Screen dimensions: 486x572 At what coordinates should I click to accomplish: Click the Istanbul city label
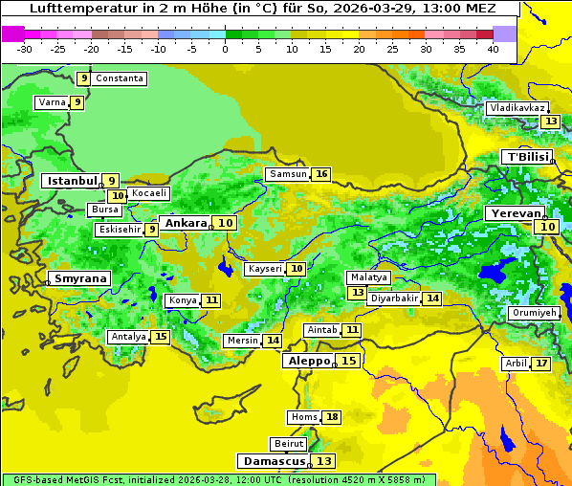[73, 180]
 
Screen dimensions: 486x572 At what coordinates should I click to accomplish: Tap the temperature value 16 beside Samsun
[321, 174]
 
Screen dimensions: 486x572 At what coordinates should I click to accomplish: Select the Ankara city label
[185, 223]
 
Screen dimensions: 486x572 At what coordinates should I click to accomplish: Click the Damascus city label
[274, 461]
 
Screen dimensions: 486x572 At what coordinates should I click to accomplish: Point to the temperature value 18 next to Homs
[332, 417]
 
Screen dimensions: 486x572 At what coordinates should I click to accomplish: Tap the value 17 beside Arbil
[541, 364]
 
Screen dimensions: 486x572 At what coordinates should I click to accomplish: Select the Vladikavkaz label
[517, 108]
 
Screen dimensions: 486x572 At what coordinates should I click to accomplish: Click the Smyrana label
[80, 278]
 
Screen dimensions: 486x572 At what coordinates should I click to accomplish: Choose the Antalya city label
[128, 337]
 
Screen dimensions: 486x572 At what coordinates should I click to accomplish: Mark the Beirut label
[289, 444]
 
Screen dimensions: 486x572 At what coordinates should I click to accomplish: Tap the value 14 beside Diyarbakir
[433, 298]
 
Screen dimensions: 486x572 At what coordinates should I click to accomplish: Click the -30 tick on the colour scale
[25, 49]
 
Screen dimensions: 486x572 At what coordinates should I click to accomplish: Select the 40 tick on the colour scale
[493, 49]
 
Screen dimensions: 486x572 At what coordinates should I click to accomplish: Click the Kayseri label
[265, 269]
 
